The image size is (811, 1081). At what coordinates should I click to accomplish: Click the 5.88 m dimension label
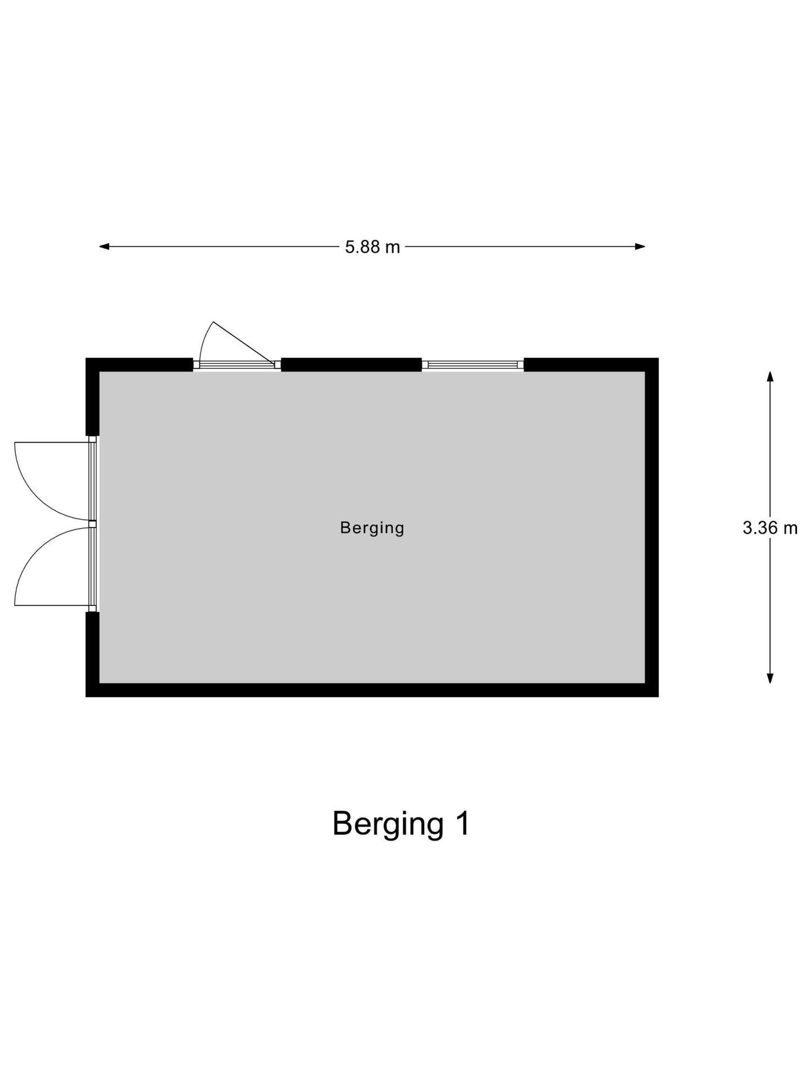372,247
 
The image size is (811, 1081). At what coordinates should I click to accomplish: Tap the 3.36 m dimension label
770,528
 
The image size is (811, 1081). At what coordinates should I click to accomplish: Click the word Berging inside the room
372,528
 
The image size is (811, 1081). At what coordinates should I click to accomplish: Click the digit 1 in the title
463,823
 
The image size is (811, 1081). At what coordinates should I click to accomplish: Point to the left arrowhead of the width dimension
104,246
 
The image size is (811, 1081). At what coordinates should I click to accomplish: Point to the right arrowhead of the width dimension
640,246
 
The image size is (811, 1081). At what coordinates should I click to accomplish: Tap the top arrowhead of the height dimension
770,376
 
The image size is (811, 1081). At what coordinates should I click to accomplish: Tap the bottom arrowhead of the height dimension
770,678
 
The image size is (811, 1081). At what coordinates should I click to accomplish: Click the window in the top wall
473,364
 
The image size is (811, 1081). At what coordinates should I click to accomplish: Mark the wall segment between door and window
351,364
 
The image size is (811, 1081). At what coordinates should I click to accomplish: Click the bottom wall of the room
372,690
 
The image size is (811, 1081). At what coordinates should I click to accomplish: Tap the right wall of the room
652,528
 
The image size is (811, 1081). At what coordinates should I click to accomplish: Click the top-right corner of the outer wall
658,358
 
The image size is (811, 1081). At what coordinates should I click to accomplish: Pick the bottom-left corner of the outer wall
86,697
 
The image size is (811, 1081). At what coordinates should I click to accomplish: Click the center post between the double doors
93,524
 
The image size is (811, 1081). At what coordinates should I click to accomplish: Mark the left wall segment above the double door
92,396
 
